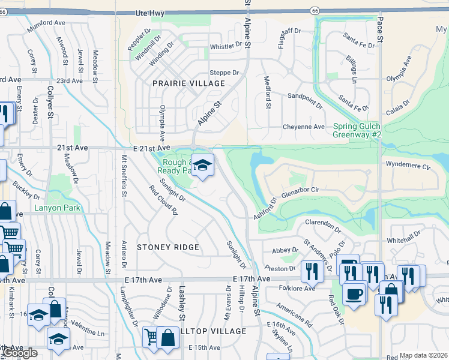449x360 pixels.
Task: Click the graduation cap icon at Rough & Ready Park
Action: tap(203, 166)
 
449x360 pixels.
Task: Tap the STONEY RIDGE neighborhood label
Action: tap(167, 247)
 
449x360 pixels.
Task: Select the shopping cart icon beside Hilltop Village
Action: tap(151, 338)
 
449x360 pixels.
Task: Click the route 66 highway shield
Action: tap(315, 11)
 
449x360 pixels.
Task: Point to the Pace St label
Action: tap(380, 28)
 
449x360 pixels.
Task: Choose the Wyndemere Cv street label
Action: tap(409, 165)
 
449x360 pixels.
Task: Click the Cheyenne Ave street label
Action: tap(304, 127)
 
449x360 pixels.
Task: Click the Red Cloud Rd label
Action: tap(164, 200)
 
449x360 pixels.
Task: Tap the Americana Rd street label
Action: tap(294, 314)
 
